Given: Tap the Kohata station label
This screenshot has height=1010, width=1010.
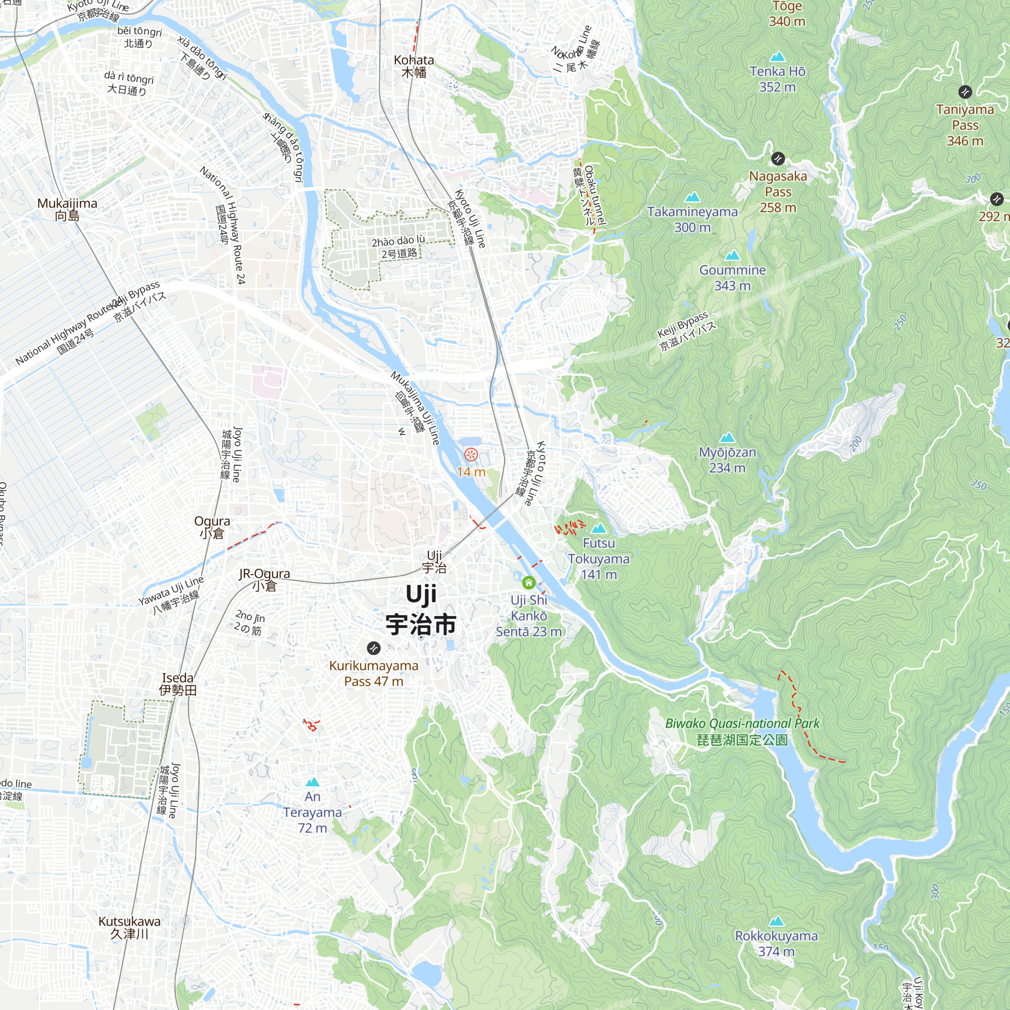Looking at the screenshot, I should (414, 66).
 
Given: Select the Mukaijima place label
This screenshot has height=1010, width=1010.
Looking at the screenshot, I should (68, 209).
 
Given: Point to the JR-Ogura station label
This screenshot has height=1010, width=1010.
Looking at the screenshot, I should (265, 579).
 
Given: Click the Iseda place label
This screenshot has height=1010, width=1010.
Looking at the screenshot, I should (178, 684).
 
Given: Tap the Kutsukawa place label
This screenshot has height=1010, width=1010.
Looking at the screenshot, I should (130, 927).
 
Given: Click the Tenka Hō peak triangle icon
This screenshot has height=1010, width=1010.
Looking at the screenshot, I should (777, 57).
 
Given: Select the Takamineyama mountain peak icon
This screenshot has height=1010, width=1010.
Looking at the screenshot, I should (693, 197).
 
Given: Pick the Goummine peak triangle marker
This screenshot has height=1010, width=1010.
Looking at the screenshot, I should (732, 256).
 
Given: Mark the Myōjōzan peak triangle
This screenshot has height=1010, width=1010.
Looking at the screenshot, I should (727, 437).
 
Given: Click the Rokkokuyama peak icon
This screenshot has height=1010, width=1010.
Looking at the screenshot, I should (776, 921).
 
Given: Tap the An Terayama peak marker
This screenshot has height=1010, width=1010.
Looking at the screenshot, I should (313, 782).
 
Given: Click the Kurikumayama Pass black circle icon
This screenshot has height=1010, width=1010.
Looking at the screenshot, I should (373, 648).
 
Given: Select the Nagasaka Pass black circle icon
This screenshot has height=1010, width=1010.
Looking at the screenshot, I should (778, 159).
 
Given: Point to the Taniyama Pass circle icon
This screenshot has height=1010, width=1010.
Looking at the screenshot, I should (965, 92).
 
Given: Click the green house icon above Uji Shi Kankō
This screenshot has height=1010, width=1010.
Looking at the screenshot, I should (529, 582).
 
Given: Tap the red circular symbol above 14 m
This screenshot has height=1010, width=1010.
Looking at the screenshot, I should (471, 454).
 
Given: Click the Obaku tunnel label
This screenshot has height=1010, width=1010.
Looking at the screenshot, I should (595, 195).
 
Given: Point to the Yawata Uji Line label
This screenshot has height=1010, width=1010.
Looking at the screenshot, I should (171, 595).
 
